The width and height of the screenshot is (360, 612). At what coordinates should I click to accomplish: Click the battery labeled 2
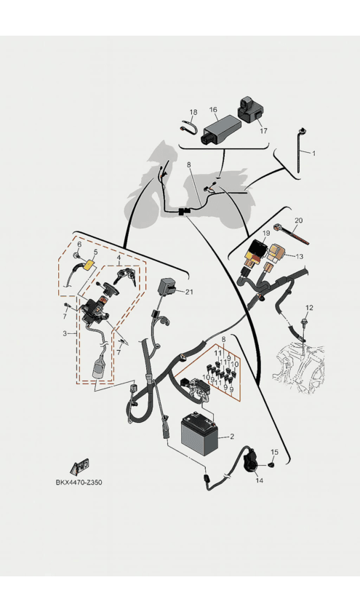click(199, 432)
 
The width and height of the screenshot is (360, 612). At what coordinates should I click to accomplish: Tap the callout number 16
click(213, 110)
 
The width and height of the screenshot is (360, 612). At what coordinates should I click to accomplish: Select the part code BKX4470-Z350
click(79, 482)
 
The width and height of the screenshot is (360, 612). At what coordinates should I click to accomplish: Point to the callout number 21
click(190, 292)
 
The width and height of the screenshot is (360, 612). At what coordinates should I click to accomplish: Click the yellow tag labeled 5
click(89, 266)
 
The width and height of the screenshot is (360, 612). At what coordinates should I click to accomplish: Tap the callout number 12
click(309, 308)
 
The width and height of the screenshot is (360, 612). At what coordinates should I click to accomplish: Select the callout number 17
click(264, 131)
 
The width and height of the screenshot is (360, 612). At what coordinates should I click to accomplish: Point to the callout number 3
click(65, 333)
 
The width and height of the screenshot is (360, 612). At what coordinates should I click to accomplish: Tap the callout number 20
click(298, 220)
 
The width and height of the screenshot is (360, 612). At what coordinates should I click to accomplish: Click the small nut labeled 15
click(271, 464)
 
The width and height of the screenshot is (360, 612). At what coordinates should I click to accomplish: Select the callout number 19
click(266, 234)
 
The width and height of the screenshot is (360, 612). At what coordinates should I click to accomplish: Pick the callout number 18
click(193, 112)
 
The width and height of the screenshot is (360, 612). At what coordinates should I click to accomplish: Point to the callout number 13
click(299, 256)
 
